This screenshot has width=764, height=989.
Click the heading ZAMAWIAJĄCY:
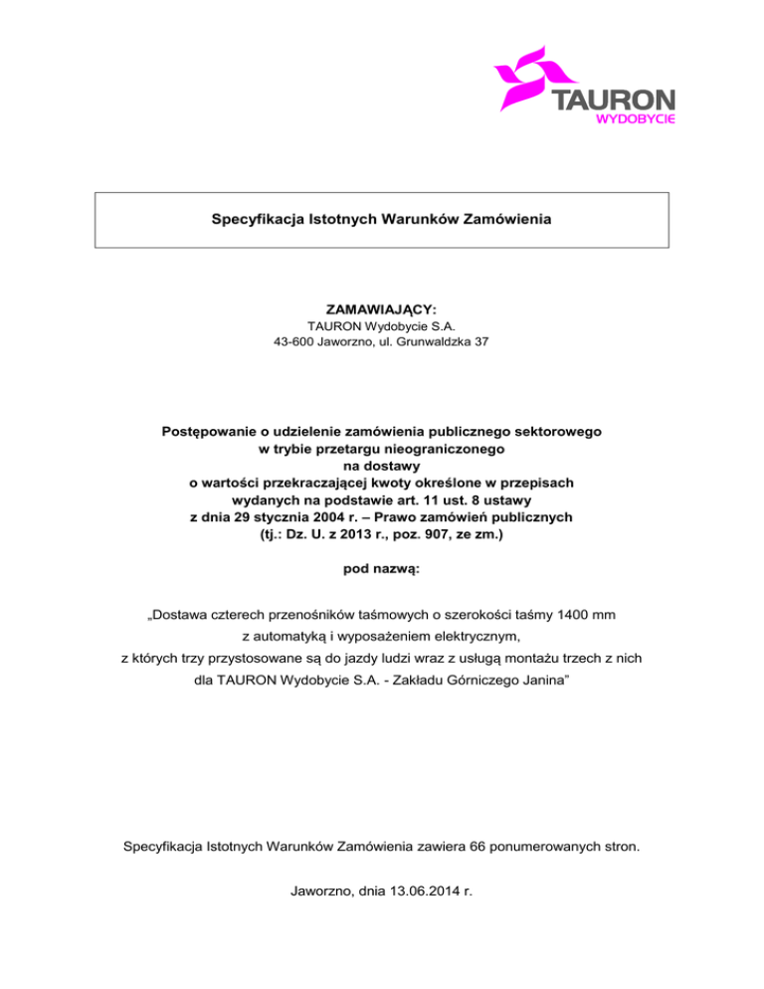[381, 311]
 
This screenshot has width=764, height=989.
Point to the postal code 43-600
[293, 343]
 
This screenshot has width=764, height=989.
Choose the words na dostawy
[381, 467]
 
